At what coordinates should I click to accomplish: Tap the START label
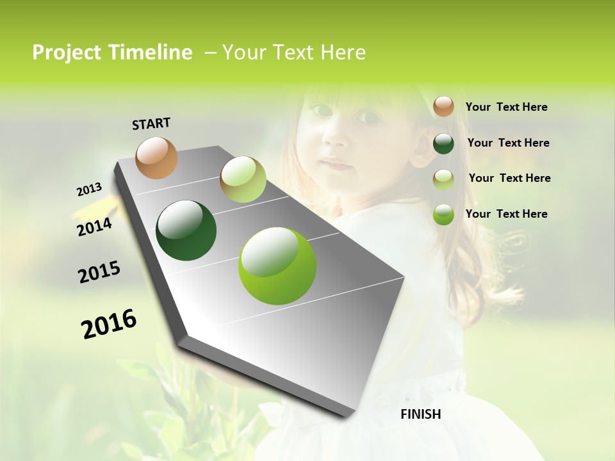(151, 124)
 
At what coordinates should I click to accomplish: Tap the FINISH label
(420, 414)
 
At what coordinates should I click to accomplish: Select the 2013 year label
(89, 190)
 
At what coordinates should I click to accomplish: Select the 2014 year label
(94, 227)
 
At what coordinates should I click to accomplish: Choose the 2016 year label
(109, 324)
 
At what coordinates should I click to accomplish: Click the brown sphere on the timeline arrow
(156, 158)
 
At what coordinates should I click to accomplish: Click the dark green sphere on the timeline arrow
(186, 230)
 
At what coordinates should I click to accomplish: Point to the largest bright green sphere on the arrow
(277, 266)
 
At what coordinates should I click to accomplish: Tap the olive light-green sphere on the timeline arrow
(243, 179)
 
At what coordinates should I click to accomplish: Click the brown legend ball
(443, 106)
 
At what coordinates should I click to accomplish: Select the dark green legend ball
(443, 143)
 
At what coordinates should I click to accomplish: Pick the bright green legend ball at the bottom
(443, 214)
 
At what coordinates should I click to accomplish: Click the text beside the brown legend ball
(506, 107)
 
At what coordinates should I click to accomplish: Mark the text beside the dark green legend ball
(508, 143)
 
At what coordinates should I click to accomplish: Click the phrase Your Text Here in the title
(293, 53)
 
